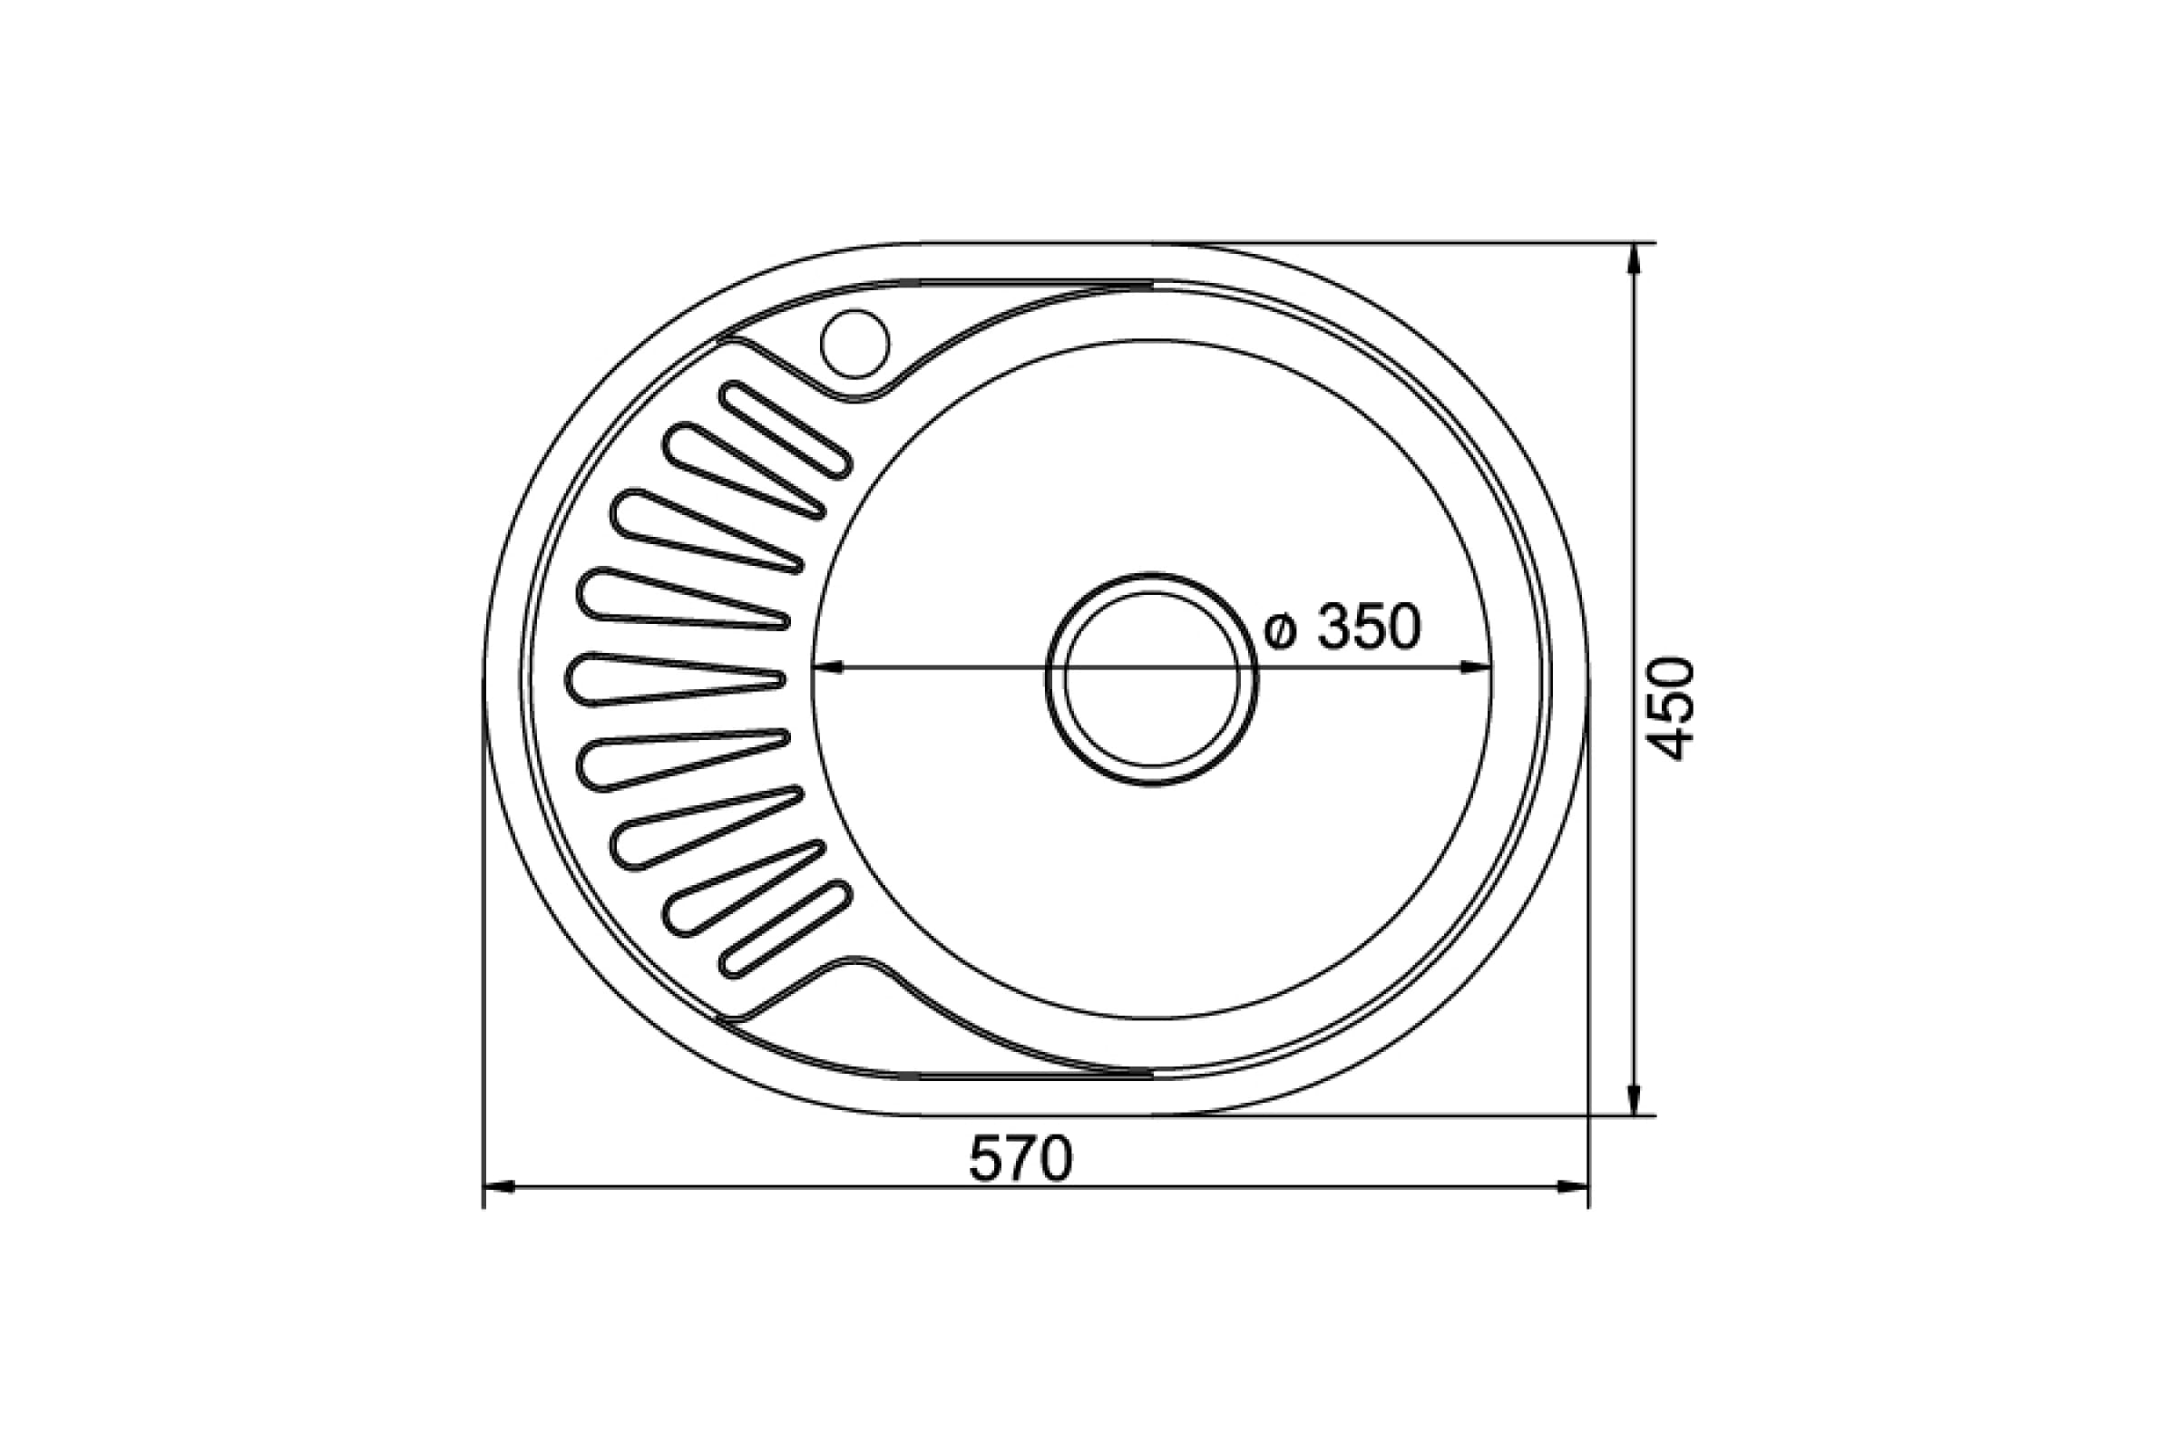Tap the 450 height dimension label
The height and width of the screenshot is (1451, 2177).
pyautogui.click(x=1673, y=709)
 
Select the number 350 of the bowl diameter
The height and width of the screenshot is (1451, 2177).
pyautogui.click(x=1369, y=627)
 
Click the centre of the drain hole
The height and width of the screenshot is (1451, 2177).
pyautogui.click(x=1151, y=679)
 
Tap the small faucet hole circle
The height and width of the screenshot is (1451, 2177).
pyautogui.click(x=854, y=344)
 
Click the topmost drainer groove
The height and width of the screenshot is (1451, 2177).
pyautogui.click(x=785, y=430)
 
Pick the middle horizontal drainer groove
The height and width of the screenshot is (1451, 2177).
pyautogui.click(x=675, y=680)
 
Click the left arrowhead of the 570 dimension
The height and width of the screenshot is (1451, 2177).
pyautogui.click(x=499, y=1186)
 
